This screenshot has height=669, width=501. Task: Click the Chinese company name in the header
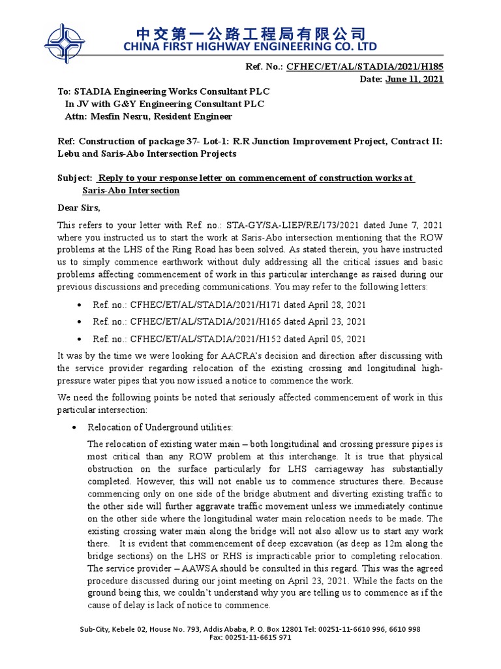[250, 33]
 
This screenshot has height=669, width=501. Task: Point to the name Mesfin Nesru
[114, 116]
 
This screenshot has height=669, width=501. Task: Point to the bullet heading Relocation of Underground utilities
[160, 427]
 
